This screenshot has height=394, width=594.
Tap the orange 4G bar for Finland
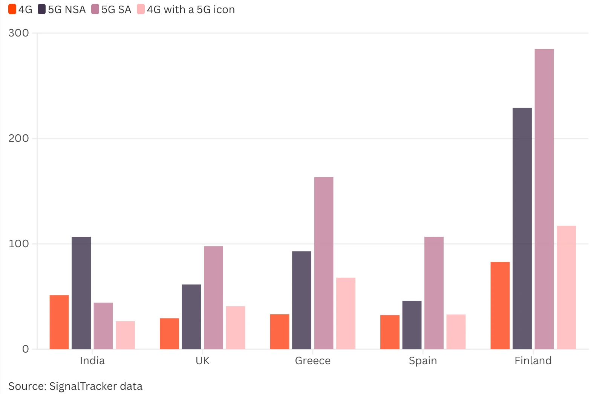click(500, 305)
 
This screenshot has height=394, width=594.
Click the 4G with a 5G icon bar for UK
click(236, 327)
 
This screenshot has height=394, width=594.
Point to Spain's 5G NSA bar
click(412, 325)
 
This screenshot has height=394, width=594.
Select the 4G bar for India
click(59, 322)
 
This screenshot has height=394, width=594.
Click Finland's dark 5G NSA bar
click(522, 228)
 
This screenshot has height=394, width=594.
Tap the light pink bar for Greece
click(346, 313)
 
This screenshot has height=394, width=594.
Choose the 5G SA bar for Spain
click(434, 293)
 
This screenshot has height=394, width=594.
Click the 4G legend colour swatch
click(12, 9)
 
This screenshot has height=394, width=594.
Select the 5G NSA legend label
click(67, 9)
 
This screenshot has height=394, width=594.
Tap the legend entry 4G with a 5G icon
click(190, 9)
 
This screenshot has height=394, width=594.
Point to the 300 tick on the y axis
click(18, 33)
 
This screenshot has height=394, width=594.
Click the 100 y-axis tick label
click(18, 244)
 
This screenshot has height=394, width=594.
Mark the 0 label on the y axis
click(25, 349)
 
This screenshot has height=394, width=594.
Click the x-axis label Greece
click(312, 361)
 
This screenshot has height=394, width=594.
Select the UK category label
click(202, 361)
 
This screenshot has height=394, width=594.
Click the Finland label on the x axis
click(533, 361)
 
